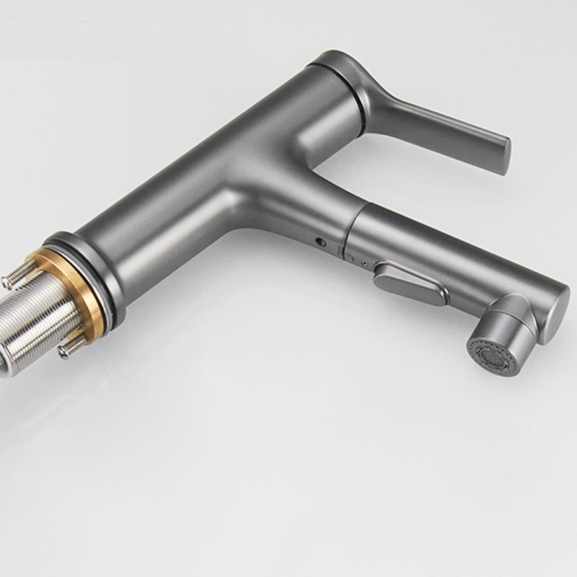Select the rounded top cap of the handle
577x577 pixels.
335,61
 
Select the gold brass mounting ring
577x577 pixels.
58,278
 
